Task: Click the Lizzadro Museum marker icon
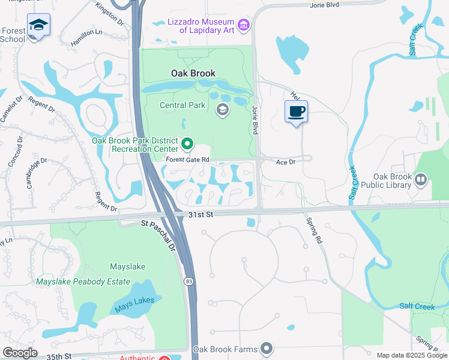point(243,25)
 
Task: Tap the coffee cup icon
point(296,112)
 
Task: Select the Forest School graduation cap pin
point(38,25)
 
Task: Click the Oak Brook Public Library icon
point(421,179)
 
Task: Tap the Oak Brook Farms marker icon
point(267,349)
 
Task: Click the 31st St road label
point(201,214)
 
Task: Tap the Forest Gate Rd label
point(188,160)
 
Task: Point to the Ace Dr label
point(286,162)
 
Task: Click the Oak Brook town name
point(193,74)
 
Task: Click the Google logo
point(20,353)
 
